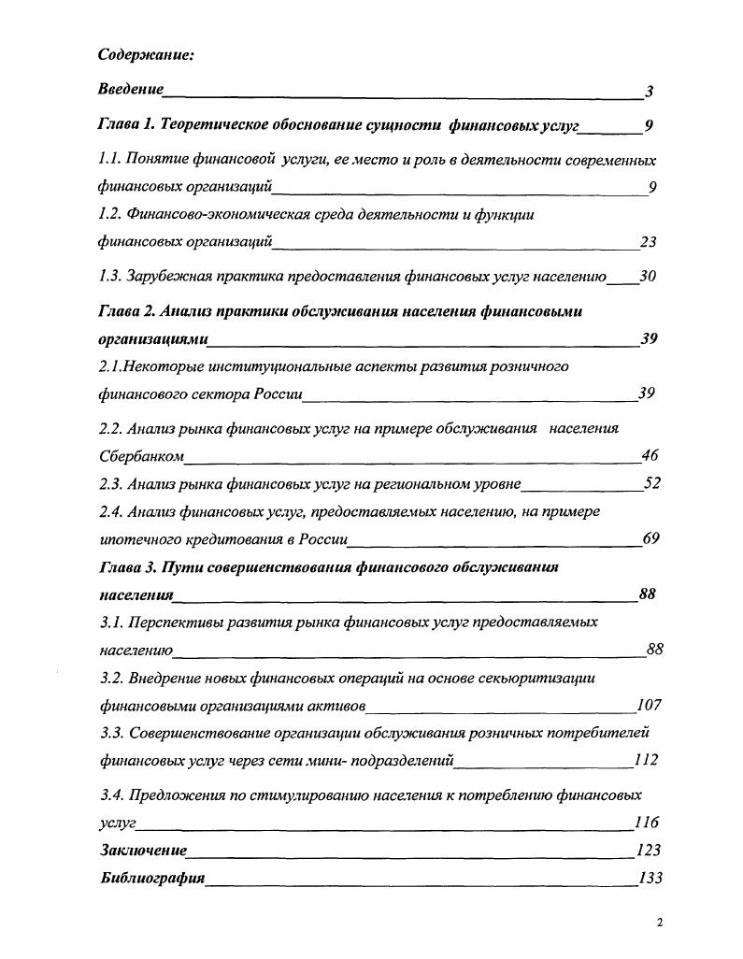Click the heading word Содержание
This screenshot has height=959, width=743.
(146, 55)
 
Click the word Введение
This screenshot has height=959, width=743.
(131, 90)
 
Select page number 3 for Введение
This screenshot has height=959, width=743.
(649, 92)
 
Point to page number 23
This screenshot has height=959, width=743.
(648, 242)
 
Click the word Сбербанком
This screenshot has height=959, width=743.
(141, 457)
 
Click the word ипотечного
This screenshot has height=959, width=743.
(140, 539)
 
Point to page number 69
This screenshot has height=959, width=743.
(651, 538)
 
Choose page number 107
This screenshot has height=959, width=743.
(648, 705)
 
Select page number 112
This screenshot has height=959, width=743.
(645, 760)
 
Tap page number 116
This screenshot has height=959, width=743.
(647, 823)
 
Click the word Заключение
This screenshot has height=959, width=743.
(143, 851)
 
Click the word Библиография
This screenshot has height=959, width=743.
(151, 879)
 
